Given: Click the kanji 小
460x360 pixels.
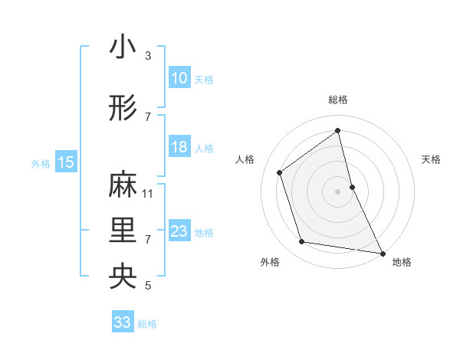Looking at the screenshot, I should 123,47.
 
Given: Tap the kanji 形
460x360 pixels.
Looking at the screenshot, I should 123,109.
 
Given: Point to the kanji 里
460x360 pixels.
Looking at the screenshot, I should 123,231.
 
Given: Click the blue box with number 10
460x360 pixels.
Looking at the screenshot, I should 179,78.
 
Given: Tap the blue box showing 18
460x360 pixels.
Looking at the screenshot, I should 179,147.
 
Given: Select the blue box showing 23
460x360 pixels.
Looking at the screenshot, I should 179,231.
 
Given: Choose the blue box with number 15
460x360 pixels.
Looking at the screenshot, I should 65,162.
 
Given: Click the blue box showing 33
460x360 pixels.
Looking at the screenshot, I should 123,322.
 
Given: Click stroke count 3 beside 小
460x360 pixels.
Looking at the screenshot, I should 148,56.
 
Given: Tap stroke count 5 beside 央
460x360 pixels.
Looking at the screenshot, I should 148,286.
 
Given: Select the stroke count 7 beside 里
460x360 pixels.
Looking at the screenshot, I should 148,240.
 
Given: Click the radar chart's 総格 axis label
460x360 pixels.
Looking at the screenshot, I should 337,100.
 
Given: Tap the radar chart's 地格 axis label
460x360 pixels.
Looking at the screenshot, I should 402,263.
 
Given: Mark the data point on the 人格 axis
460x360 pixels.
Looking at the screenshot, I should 279,172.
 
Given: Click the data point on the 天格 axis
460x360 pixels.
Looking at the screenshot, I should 352,186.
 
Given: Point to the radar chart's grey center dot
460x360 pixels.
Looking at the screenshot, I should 337,191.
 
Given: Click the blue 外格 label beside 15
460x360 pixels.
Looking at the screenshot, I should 40,163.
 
